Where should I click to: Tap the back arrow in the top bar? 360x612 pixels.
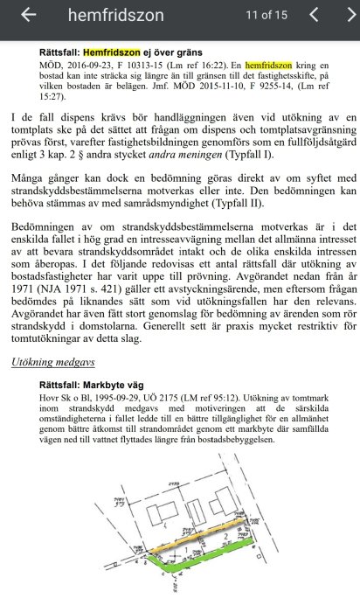28,15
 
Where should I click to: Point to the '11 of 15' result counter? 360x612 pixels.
267,15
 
